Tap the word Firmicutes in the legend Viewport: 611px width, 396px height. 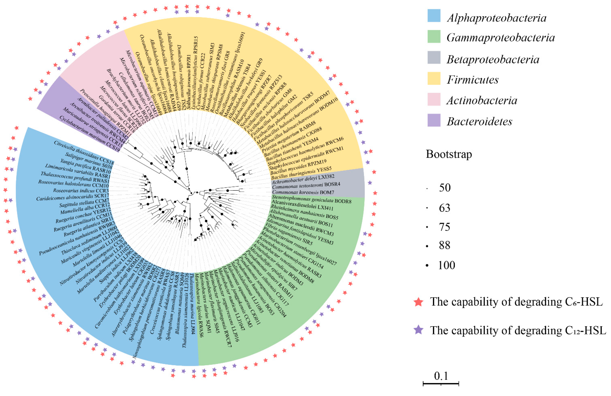coord(472,80)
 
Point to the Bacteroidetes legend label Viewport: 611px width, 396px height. coord(479,121)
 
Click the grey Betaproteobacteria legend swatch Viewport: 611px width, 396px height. coord(434,57)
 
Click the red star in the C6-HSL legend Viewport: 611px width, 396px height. coord(419,302)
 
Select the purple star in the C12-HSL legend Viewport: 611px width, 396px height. coord(419,330)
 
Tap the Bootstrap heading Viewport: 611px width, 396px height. coord(449,154)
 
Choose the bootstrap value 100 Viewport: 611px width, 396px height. coord(447,265)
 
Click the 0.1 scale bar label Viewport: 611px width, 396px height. coord(441,376)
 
